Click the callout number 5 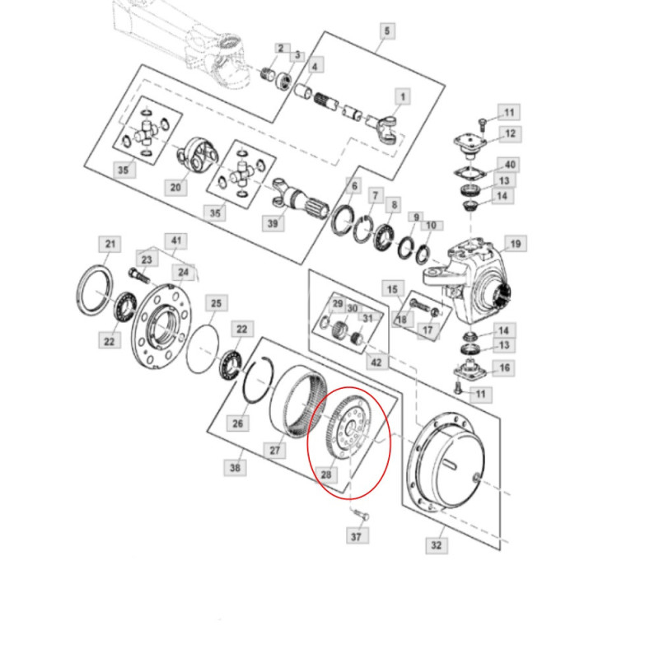[388, 31]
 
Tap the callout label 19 [515, 244]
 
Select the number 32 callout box [437, 544]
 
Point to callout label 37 [355, 537]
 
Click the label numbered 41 [174, 241]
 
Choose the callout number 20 [175, 188]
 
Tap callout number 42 [376, 361]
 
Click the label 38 [236, 467]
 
